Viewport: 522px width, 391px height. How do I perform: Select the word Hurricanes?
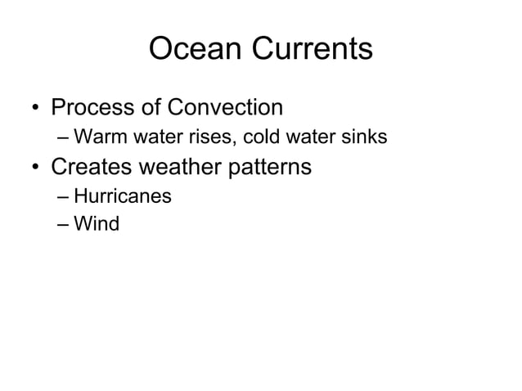coord(122,196)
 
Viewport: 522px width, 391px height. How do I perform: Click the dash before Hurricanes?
coord(64,197)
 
